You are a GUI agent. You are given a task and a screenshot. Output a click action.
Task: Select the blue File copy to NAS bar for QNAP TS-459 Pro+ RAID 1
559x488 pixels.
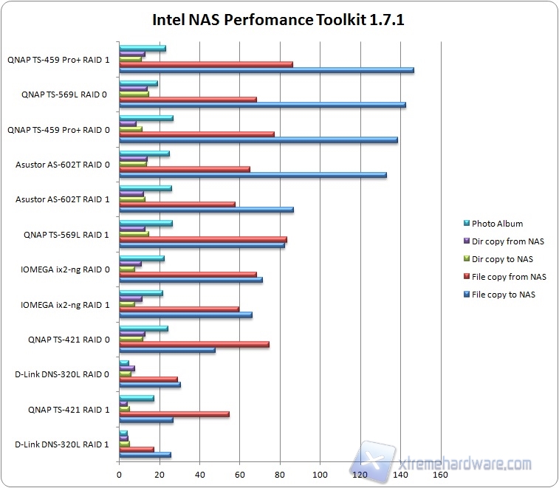[x=266, y=70]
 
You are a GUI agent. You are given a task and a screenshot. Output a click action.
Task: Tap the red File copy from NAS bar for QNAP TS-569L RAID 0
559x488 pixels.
[x=188, y=99]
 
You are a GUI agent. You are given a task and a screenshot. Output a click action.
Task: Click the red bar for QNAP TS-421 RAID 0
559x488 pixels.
[x=193, y=344]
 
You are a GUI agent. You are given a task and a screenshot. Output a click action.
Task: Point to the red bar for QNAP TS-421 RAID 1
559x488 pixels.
[x=174, y=414]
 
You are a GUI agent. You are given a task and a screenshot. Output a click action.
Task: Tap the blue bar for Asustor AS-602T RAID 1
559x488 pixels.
[x=206, y=210]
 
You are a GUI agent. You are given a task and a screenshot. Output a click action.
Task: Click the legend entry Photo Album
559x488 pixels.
[x=497, y=224]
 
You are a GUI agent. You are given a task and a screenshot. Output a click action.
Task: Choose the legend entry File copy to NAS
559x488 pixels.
[x=504, y=295]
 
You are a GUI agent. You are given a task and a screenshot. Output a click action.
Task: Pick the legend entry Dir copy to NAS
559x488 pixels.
[x=502, y=259]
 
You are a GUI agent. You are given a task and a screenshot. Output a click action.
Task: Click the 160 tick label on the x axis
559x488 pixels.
[x=440, y=475]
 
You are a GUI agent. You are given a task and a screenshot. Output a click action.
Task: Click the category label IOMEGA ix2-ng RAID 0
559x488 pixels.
[x=65, y=269]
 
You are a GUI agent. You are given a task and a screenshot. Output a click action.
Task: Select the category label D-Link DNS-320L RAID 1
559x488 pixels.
[x=62, y=444]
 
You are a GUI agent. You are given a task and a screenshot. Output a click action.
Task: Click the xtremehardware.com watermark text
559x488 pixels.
[x=465, y=464]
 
